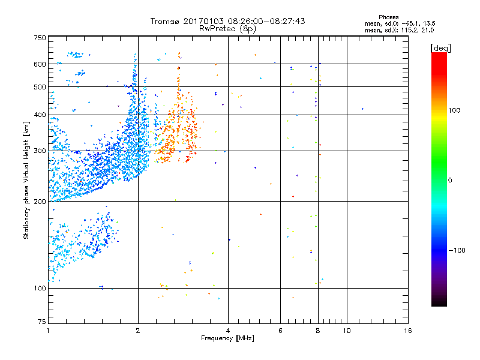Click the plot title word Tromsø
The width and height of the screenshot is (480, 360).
(x=164, y=21)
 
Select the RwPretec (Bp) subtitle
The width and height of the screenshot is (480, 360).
(x=228, y=28)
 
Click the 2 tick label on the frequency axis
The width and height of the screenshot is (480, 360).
(x=138, y=331)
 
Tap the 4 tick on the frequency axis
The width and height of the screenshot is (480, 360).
(x=228, y=331)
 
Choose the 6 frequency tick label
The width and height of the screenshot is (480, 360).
(x=280, y=331)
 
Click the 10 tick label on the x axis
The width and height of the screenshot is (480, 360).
(x=346, y=331)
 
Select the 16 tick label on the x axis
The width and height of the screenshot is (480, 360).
(x=408, y=331)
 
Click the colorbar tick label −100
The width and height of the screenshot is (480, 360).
(x=458, y=250)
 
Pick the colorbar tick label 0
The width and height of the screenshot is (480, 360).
(x=451, y=180)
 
